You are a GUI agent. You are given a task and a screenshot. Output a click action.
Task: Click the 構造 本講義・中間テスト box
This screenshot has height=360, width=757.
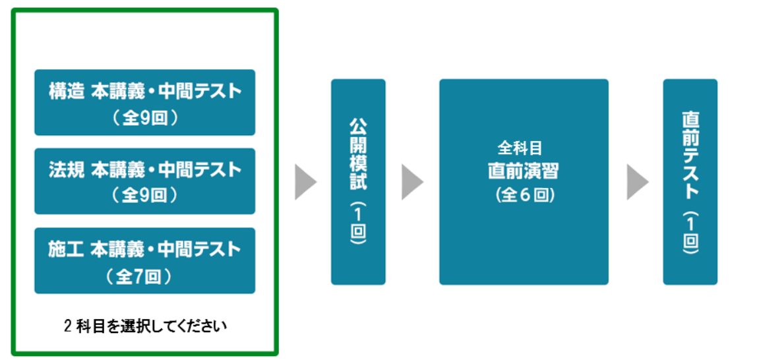pos(144,102)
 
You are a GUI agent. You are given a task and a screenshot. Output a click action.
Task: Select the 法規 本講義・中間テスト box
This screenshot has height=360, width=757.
pos(144,181)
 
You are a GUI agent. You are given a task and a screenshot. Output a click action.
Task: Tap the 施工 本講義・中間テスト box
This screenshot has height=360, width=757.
pos(144,260)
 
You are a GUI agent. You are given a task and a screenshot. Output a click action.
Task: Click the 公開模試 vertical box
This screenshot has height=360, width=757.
pos(358,182)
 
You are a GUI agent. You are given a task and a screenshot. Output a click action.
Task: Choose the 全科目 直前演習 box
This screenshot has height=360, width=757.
pos(524,182)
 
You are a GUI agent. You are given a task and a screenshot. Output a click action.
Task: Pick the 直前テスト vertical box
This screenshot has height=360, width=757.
pos(690,182)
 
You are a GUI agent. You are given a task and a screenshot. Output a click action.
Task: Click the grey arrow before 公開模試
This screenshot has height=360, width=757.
pos(305,182)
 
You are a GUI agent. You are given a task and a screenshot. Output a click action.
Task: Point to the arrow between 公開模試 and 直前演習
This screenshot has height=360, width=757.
pos(411,182)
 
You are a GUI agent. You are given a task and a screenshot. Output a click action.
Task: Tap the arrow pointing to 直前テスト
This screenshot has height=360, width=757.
pos(637,182)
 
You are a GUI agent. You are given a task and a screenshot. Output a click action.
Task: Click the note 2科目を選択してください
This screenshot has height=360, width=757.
pos(145,326)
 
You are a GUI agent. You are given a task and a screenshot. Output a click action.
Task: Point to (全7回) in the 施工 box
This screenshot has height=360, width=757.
pos(144,276)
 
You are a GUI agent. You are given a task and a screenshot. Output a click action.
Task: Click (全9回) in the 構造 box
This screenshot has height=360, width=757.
pos(144,118)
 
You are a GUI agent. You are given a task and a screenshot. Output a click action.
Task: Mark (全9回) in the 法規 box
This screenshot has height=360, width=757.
pos(144,196)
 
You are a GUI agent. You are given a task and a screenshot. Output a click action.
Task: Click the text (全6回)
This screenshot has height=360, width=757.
pos(524,196)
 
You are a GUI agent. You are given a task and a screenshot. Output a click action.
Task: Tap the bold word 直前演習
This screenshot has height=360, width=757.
pos(524,171)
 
